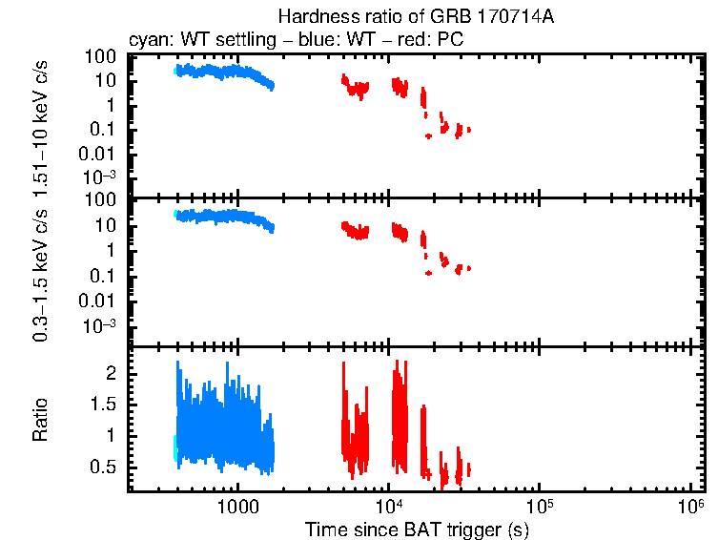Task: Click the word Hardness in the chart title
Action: [x=310, y=17]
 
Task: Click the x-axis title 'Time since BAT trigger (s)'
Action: [x=417, y=529]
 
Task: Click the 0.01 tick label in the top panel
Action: [x=100, y=154]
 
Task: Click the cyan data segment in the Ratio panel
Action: [x=174, y=447]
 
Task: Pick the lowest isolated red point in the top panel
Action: [x=428, y=136]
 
